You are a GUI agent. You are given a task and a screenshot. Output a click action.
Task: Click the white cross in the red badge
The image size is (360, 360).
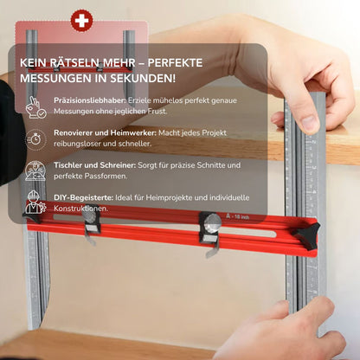point(81,21)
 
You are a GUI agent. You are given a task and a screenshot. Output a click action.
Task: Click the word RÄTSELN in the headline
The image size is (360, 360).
point(77,62)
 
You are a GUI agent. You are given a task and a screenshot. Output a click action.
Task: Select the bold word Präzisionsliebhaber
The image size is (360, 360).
point(90,100)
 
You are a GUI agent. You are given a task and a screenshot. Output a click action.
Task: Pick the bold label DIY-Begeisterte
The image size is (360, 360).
point(83,198)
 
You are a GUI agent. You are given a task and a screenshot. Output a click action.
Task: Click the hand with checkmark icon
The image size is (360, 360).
point(35,107)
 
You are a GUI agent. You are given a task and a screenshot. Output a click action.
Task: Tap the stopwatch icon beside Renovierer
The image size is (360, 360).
point(35,139)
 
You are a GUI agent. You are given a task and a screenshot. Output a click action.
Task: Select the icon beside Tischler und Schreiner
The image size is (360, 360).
point(35,171)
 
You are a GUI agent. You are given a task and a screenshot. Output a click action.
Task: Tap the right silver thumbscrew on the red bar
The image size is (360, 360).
point(213,222)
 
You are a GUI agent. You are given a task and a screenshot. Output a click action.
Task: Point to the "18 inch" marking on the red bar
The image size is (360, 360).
point(241,216)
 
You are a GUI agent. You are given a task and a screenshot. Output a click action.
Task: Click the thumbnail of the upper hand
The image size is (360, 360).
point(309,122)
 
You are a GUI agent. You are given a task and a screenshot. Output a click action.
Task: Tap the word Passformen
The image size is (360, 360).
point(105,176)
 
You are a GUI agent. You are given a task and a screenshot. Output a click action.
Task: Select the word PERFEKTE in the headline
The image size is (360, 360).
point(176,62)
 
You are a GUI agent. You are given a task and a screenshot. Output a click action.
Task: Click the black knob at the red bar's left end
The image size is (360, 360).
point(32,217)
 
